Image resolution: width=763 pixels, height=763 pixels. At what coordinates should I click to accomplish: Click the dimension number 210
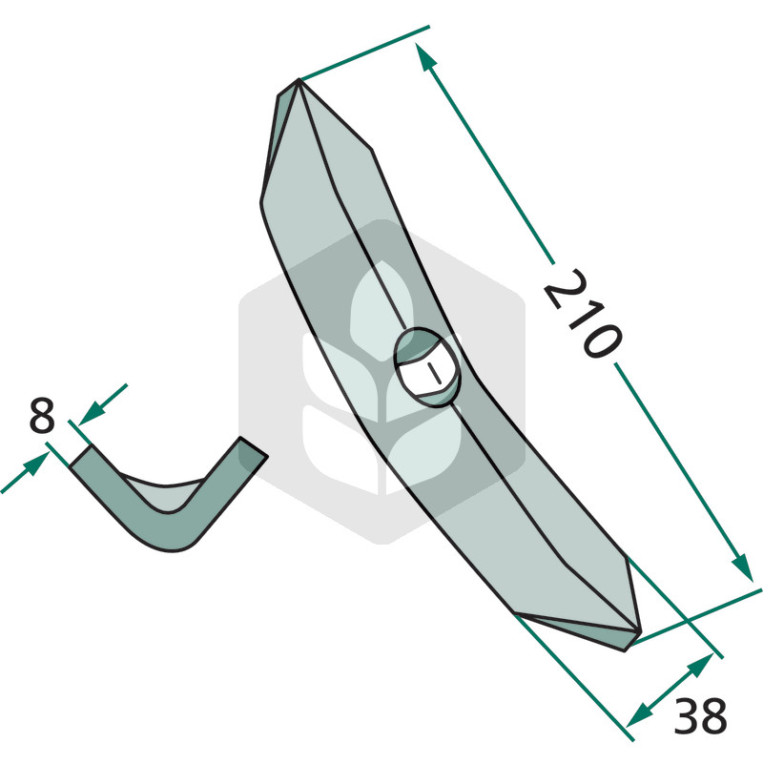pos(583,314)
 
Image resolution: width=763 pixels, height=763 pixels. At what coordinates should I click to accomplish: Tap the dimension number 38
pos(700,716)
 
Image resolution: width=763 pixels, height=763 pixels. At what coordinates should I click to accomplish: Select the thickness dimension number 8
pos(42,415)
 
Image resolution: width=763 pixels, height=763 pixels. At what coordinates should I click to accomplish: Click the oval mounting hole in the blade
pos(426,367)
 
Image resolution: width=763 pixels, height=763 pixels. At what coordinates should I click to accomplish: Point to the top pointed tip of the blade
pos(299,79)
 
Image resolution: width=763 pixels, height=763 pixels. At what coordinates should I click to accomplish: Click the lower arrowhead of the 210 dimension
pos(743,567)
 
